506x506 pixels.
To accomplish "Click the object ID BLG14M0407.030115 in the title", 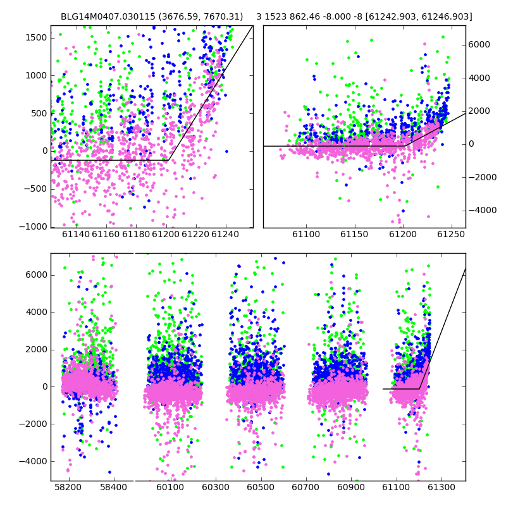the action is pos(108,16).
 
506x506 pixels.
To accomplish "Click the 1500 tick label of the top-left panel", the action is pos(36,38).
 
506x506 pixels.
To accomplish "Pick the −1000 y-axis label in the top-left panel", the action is pos(34,227).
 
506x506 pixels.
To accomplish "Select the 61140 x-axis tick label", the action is pos(76,234).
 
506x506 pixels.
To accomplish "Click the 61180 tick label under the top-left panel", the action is pos(136,234).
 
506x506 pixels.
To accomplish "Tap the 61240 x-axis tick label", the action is pos(225,234).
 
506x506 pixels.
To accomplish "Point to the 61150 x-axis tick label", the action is pos(354,234).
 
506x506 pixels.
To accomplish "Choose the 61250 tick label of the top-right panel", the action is pos(451,234).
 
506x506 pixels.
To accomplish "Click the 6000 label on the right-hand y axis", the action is pos(479,44).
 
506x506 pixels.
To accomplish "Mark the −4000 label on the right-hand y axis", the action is pos(483,211).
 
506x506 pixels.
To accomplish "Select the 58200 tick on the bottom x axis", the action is pos(68,487).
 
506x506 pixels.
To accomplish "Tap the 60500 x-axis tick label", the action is pos(261,487).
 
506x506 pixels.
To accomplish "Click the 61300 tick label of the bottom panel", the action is pos(441,487).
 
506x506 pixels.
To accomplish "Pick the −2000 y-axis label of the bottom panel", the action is pos(34,424).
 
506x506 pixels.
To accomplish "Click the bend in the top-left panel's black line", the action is pos(168,160).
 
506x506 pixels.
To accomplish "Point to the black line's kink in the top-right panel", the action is pos(405,146).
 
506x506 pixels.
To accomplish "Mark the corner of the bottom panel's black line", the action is pos(419,389).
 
